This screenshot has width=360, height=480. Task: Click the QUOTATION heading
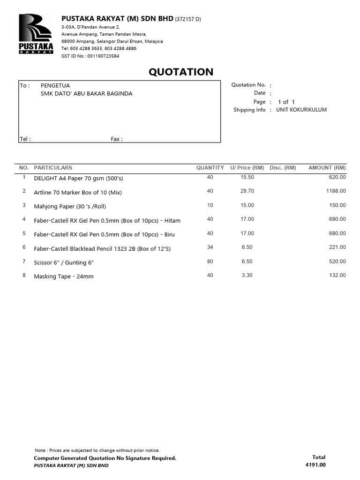[181, 72]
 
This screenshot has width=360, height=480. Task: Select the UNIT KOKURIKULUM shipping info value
[301, 110]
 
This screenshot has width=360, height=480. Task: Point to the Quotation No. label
[248, 85]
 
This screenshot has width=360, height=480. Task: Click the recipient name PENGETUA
[55, 85]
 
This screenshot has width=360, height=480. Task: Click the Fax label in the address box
[116, 139]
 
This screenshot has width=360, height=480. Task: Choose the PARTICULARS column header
[53, 167]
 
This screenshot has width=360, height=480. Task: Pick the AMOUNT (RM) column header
[327, 167]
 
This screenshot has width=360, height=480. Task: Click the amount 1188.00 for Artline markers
[337, 191]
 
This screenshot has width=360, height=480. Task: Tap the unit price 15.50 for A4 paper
[247, 177]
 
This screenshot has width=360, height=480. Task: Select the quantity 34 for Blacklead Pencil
[210, 247]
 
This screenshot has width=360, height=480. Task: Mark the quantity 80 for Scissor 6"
[210, 261]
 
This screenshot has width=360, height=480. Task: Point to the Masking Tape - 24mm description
[64, 277]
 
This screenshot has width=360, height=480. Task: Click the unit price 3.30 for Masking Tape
[247, 275]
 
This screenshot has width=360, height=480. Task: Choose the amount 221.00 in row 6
[337, 247]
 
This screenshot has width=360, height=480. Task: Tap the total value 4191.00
[315, 465]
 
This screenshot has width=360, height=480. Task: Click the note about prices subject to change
[97, 450]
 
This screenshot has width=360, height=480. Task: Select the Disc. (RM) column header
[283, 167]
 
